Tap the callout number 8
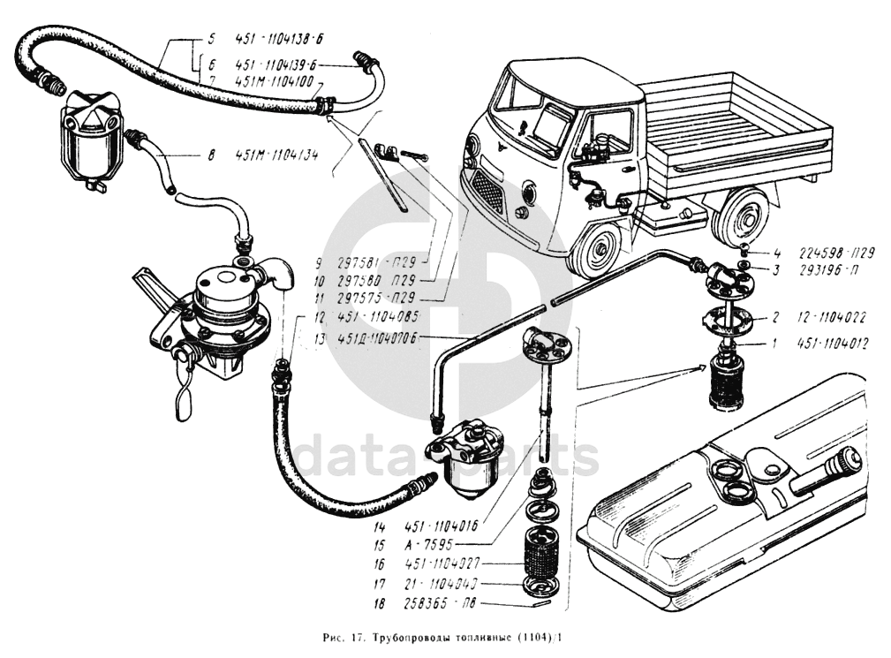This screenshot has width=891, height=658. [211, 156]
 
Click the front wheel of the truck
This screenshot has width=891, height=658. [595, 250]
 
